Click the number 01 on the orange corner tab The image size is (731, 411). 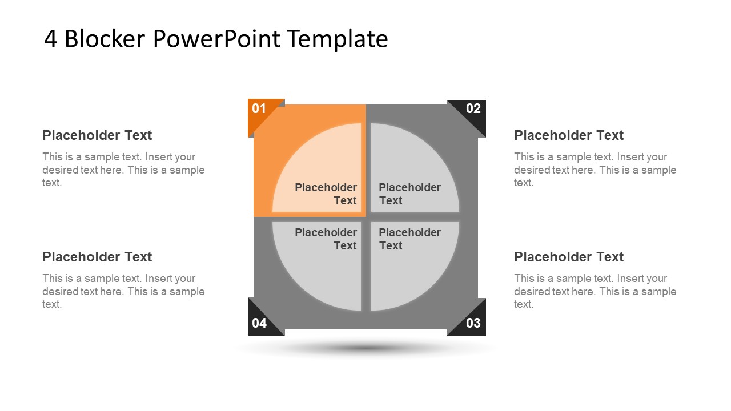(259, 108)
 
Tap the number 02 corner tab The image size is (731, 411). (473, 108)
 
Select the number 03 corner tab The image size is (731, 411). (473, 323)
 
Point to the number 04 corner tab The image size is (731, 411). (259, 323)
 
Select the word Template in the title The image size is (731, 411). (338, 39)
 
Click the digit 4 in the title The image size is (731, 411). (50, 39)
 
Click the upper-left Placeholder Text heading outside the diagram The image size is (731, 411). (97, 135)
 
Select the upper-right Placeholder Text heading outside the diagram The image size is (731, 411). (569, 135)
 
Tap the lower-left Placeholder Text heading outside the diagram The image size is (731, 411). (97, 257)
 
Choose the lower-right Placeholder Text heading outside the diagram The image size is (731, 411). (569, 257)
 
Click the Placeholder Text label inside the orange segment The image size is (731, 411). (326, 194)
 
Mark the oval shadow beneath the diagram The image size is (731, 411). (365, 348)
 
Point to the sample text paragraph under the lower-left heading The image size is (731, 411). (123, 291)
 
